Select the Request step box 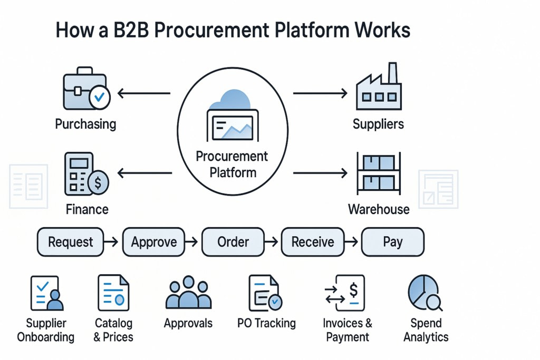[71, 242]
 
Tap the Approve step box [154, 242]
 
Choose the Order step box [233, 242]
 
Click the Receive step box [313, 242]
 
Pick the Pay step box [393, 242]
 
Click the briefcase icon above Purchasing [83, 89]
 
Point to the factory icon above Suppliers [378, 86]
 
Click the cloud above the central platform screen [232, 100]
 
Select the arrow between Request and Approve [111, 242]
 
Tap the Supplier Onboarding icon [47, 294]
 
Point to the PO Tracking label [266, 323]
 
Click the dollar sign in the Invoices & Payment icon [353, 289]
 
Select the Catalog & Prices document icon [113, 294]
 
